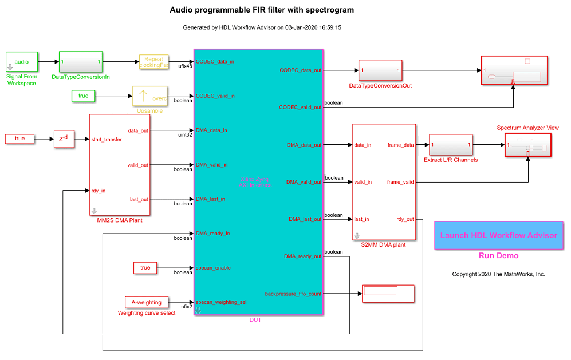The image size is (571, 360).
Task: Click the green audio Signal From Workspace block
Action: tap(22, 61)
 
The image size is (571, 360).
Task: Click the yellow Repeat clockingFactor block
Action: tap(153, 62)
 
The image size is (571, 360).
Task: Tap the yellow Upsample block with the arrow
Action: tap(149, 96)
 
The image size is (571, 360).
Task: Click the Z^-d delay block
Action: tap(64, 139)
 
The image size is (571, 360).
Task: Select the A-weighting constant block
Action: tap(146, 302)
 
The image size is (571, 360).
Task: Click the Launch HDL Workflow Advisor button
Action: tap(498, 235)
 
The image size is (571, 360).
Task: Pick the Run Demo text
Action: tap(498, 256)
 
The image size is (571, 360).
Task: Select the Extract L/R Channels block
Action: tap(451, 145)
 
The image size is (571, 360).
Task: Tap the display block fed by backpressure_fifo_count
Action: tap(388, 294)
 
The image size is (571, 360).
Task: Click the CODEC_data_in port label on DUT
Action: tap(215, 61)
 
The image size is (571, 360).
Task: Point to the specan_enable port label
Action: tap(213, 268)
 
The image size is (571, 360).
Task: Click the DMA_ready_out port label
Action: tap(302, 256)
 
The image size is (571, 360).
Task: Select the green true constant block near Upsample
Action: tap(84, 96)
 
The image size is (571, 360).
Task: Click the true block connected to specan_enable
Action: tap(145, 268)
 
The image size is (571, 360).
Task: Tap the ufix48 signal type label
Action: tap(184, 66)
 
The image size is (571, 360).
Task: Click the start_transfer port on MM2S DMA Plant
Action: tap(107, 139)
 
